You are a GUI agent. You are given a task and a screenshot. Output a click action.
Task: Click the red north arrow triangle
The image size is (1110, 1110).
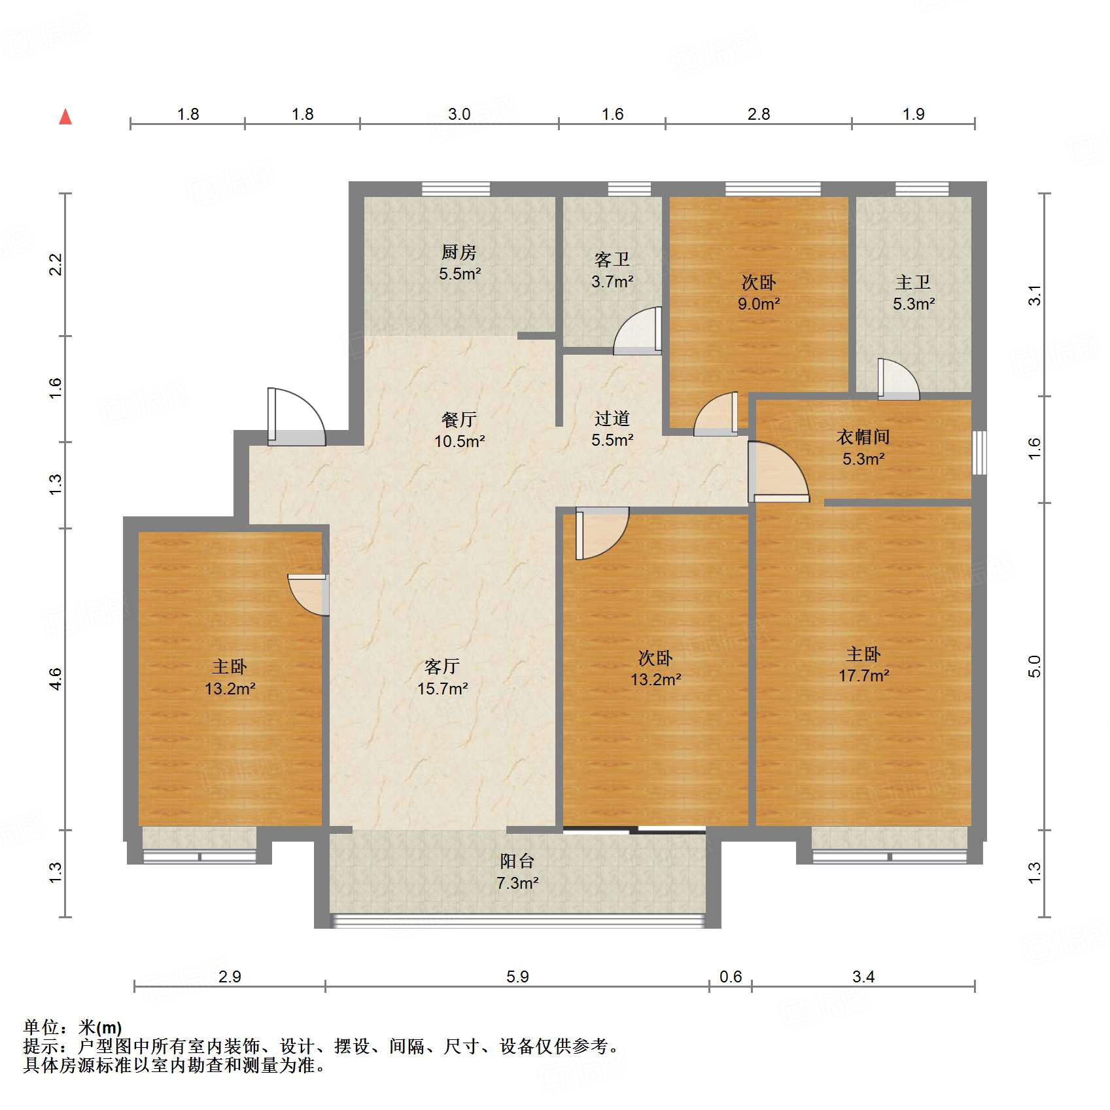point(65,117)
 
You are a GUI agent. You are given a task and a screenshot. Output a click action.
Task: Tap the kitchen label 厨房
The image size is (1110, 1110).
point(459,252)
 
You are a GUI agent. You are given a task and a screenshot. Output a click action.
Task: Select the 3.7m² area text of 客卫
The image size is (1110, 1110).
point(612,282)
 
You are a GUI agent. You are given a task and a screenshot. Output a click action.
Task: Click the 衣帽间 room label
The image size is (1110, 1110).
point(863,437)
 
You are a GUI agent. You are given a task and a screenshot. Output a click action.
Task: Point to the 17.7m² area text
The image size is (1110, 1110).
point(863,676)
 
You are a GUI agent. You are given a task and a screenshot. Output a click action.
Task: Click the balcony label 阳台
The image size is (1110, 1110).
point(517,861)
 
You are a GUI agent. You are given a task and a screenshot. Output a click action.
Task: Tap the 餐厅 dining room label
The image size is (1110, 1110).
point(459,419)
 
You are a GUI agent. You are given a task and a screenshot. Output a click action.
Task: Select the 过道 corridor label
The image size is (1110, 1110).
point(612,418)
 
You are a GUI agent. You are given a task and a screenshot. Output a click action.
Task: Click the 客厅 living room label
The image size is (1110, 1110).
point(442,666)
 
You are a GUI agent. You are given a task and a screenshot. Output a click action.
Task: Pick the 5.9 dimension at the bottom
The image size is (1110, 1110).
point(517,977)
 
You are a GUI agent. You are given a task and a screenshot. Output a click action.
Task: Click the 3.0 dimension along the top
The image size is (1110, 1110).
point(459,115)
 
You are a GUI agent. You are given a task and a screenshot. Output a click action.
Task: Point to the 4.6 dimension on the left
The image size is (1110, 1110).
point(56,679)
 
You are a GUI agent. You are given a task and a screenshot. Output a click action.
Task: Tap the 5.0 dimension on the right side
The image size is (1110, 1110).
point(1034,666)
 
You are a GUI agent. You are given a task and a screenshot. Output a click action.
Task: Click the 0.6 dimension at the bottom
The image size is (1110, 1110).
point(730,977)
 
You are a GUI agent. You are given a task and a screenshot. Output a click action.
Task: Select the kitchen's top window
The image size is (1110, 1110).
point(456,189)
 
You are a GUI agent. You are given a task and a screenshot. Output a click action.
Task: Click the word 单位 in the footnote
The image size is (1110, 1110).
point(41,1028)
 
